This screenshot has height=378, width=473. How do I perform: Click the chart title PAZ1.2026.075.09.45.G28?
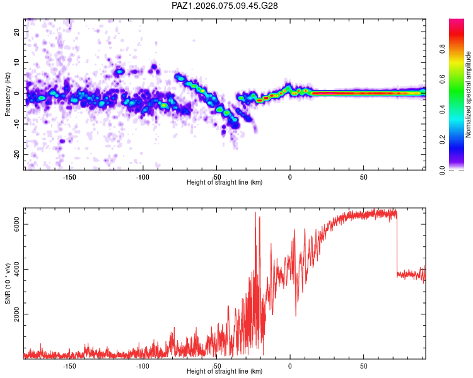click(x=225, y=6)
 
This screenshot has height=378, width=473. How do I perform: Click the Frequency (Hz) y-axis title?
click(x=8, y=94)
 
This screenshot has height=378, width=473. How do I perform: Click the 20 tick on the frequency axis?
click(x=18, y=31)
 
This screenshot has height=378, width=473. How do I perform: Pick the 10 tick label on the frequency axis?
click(x=18, y=62)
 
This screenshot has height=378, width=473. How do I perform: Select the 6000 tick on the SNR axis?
click(x=18, y=225)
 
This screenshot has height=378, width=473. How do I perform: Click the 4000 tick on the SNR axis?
click(x=18, y=270)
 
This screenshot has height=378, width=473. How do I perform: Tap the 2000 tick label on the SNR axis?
click(x=18, y=314)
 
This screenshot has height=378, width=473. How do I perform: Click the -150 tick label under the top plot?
click(x=69, y=177)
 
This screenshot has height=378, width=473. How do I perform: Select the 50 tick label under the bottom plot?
click(x=364, y=365)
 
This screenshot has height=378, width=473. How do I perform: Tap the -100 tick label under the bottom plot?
click(x=143, y=365)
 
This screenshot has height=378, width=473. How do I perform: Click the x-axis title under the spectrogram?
click(x=225, y=183)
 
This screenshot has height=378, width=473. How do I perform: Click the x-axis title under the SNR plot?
click(x=225, y=372)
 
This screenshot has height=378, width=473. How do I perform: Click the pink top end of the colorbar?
click(x=457, y=22)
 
